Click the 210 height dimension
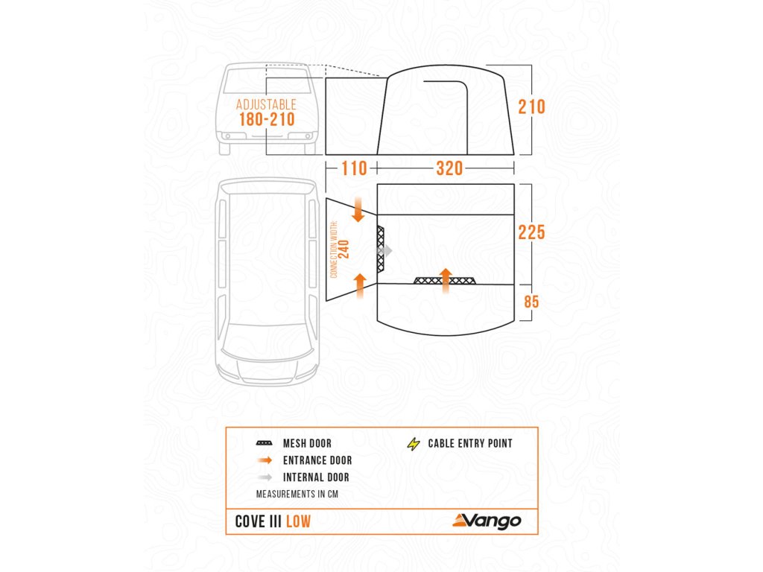click(532, 107)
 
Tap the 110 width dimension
click(354, 168)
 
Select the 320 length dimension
click(449, 168)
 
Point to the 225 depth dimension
click(532, 232)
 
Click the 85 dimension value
click(531, 302)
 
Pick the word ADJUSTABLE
click(266, 105)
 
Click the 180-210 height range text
click(267, 119)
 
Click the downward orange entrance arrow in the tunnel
click(358, 210)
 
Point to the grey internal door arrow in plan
click(384, 252)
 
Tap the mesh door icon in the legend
click(264, 444)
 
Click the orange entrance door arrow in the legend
click(264, 460)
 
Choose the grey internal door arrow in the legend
click(264, 477)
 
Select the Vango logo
click(487, 521)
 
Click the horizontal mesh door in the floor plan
click(444, 280)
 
